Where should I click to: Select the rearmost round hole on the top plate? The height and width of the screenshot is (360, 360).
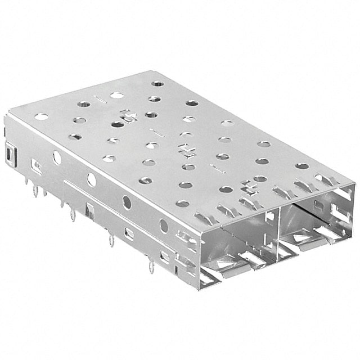click(158, 83)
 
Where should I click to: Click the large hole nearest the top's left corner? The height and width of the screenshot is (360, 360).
click(42, 117)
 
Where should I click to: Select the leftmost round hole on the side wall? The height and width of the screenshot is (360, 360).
click(57, 158)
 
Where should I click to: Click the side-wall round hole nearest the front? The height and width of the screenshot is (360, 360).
click(164, 226)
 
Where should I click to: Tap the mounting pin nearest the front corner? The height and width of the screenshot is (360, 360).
click(151, 266)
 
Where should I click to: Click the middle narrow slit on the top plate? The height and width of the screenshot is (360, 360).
click(159, 134)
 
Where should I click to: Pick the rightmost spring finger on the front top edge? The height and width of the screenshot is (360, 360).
click(325, 179)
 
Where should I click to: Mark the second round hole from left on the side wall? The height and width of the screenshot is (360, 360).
click(91, 180)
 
